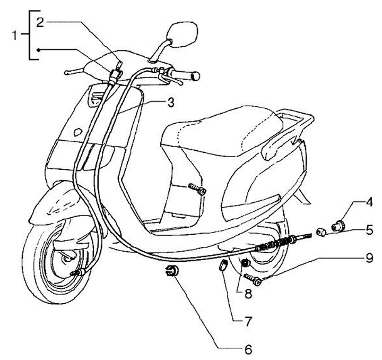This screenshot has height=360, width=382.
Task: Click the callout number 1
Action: (x=15, y=36)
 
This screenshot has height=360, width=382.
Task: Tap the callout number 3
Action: (x=170, y=102)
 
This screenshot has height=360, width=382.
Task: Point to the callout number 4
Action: (x=370, y=202)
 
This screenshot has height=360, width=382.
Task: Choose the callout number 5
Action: (x=370, y=230)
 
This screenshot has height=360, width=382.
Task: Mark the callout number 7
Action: (x=247, y=321)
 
